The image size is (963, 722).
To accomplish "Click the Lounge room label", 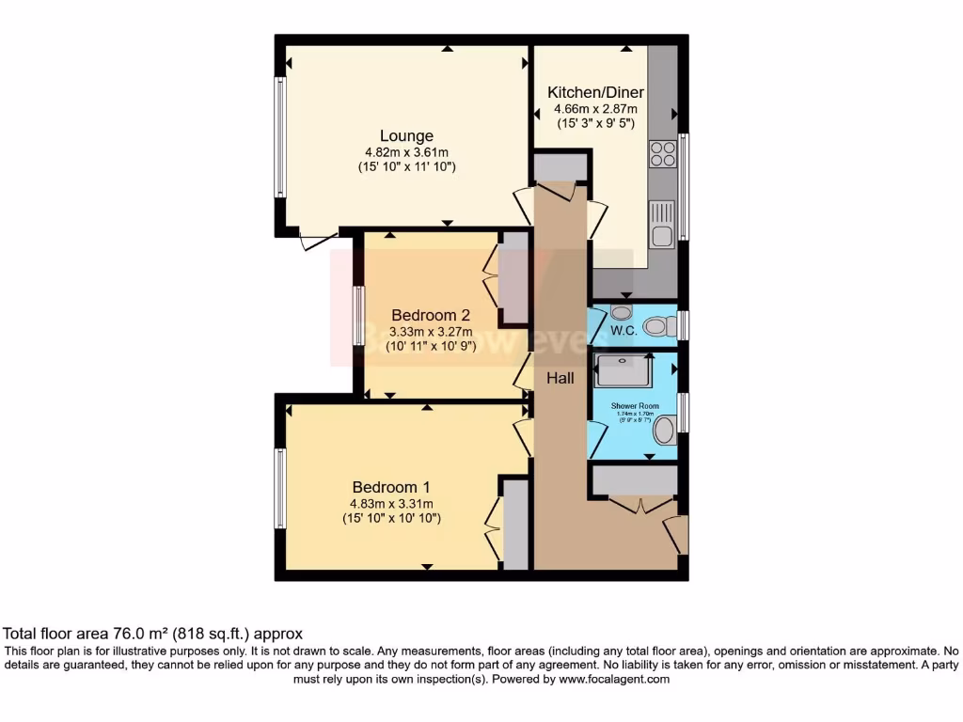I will click(406, 136).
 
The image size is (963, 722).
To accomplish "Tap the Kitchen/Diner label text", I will click(595, 92).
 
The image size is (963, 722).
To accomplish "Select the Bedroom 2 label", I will click(431, 315).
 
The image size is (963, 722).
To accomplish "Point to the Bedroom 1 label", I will click(391, 487).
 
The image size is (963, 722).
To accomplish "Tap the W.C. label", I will click(624, 331).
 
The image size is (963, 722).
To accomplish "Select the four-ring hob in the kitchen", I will click(662, 154).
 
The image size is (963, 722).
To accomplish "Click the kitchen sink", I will click(662, 224).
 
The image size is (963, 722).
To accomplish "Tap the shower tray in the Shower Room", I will click(622, 370).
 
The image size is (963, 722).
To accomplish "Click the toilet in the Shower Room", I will click(665, 431).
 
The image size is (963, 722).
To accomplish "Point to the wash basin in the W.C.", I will click(621, 311).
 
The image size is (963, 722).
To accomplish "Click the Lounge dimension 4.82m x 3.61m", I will click(406, 152).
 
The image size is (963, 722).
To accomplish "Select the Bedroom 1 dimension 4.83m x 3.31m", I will click(391, 503).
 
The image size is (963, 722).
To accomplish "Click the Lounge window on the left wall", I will click(279, 137).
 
